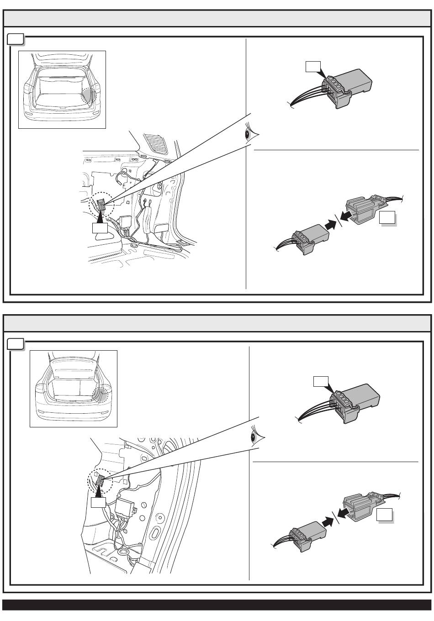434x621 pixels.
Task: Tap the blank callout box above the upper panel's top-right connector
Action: tap(313, 67)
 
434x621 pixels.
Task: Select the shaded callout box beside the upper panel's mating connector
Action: tap(387, 218)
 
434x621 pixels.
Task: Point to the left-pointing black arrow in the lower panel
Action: tap(346, 510)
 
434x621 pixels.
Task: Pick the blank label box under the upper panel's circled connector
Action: tap(100, 227)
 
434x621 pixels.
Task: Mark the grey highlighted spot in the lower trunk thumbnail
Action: tap(101, 394)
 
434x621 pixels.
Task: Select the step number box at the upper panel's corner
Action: tap(16, 39)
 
